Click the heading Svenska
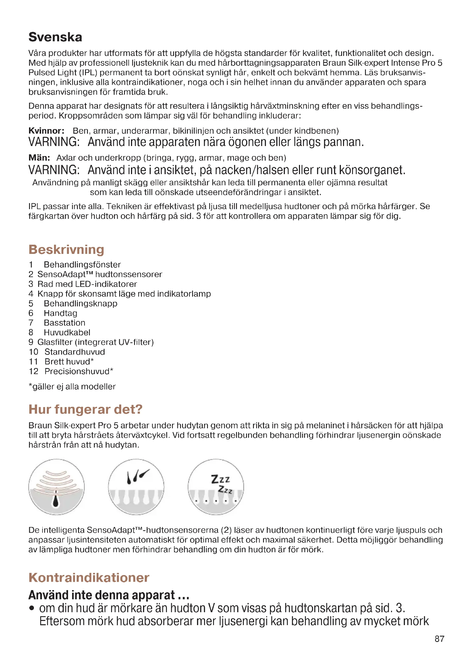[55, 37]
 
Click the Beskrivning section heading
[66, 250]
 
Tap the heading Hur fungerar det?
[85, 409]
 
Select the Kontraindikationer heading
[89, 578]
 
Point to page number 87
[439, 639]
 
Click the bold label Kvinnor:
[47, 131]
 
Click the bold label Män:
[39, 158]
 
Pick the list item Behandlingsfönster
[82, 265]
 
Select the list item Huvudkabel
[67, 332]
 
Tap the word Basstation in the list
[65, 323]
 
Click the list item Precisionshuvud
[77, 372]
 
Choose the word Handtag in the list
[61, 313]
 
